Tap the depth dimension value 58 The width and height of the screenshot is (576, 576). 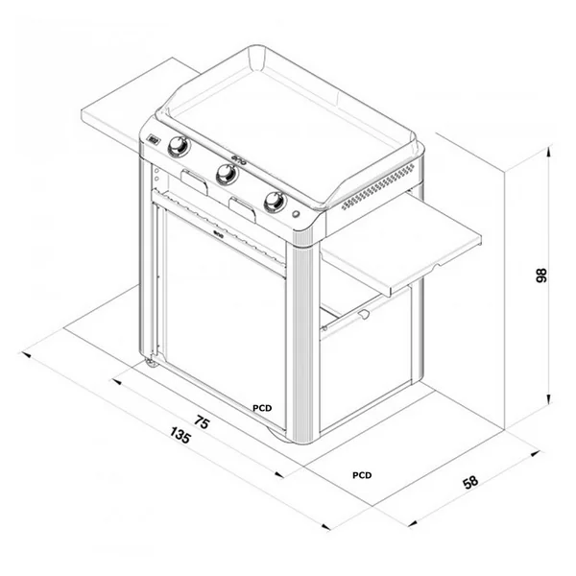(x=469, y=483)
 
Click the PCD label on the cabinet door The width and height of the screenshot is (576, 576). (x=262, y=408)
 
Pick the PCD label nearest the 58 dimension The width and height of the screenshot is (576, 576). (x=362, y=475)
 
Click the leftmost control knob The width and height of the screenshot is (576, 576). (x=178, y=147)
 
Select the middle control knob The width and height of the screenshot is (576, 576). (x=227, y=174)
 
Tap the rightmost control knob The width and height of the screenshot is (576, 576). (x=275, y=202)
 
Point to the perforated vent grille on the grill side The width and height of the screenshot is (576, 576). (x=380, y=187)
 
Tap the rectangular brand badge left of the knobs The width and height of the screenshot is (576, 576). (x=153, y=139)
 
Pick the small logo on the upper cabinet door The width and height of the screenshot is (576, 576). (x=218, y=231)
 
